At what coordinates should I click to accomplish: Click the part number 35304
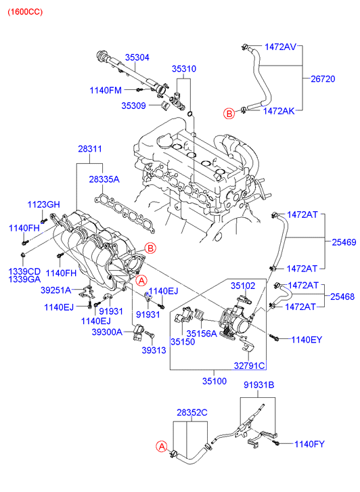click(137, 58)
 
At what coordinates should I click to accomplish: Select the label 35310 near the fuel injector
click(183, 69)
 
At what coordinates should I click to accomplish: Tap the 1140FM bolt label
click(106, 90)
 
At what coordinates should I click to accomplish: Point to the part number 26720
click(323, 79)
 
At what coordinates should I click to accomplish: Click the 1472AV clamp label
click(279, 47)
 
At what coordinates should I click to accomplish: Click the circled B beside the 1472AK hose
click(229, 114)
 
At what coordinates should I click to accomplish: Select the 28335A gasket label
click(104, 179)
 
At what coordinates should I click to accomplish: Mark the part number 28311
click(89, 148)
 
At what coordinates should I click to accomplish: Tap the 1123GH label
click(43, 204)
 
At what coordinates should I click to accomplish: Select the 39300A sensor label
click(107, 332)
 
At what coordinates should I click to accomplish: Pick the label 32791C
click(250, 365)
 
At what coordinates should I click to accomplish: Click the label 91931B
click(259, 385)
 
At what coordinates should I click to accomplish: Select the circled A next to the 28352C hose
click(161, 446)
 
